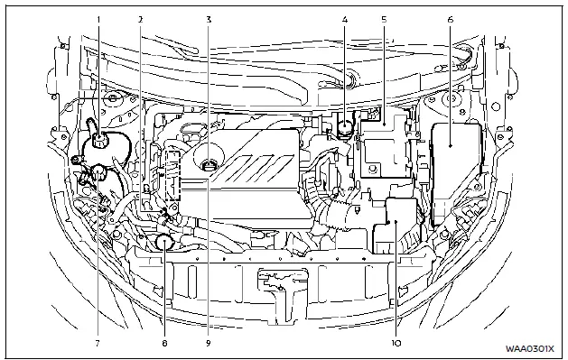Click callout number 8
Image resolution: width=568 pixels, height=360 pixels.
click(x=164, y=344)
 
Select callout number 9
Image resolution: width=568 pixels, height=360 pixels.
click(x=209, y=344)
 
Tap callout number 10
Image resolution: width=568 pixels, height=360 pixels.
click(x=396, y=344)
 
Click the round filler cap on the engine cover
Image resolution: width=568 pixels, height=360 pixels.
click(x=209, y=164)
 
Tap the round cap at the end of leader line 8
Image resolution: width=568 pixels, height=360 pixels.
click(x=163, y=241)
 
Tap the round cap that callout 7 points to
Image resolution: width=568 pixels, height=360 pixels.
click(x=94, y=174)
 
